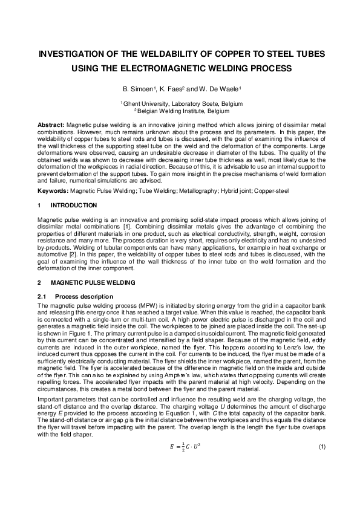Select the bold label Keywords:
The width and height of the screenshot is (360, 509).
pyautogui.click(x=53, y=190)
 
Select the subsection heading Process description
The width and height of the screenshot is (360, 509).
pyautogui.click(x=83, y=296)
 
